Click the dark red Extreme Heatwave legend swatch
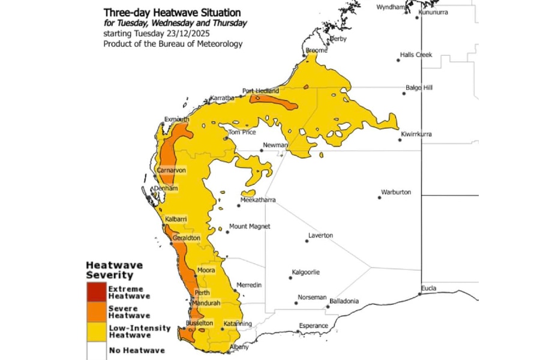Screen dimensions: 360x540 pyautogui.click(x=95, y=292)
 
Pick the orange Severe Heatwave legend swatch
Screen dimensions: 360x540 pyautogui.click(x=95, y=311)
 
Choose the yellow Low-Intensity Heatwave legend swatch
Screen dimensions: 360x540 pyautogui.click(x=95, y=331)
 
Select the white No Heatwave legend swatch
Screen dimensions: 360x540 pyautogui.click(x=95, y=349)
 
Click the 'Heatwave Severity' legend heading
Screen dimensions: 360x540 pyautogui.click(x=110, y=270)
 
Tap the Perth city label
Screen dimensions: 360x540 pyautogui.click(x=202, y=293)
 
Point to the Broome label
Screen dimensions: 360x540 pyautogui.click(x=316, y=51)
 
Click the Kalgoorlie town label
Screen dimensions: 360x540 pyautogui.click(x=305, y=272)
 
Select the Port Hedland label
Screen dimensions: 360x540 pyautogui.click(x=260, y=91)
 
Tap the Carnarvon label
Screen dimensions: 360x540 pyautogui.click(x=171, y=170)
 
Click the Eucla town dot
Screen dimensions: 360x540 pyautogui.click(x=421, y=293)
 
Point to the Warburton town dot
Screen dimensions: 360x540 pyautogui.click(x=379, y=197)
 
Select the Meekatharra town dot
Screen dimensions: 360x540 pyautogui.click(x=239, y=205)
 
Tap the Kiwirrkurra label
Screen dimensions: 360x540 pyautogui.click(x=418, y=134)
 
